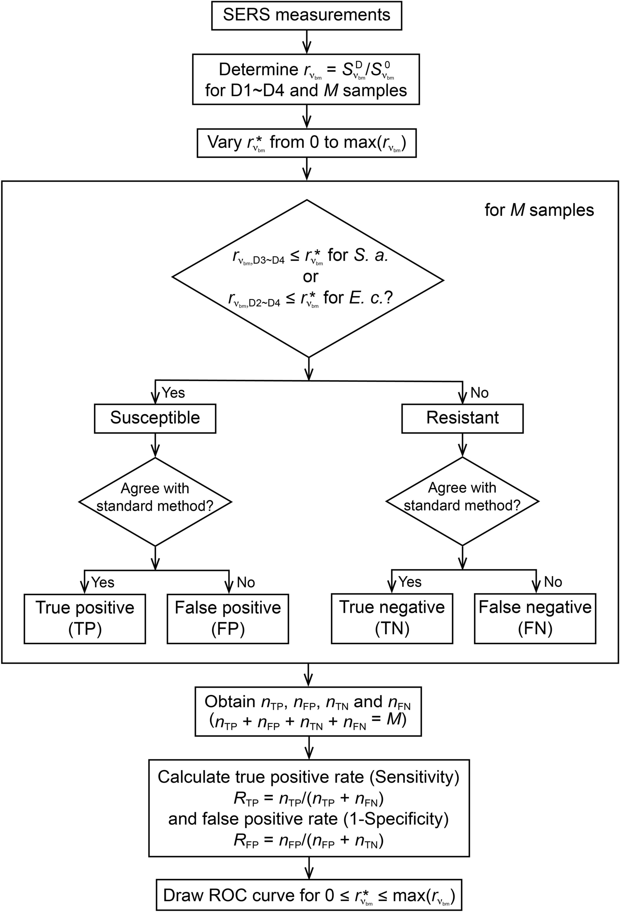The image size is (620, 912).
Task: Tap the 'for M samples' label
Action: tap(539, 210)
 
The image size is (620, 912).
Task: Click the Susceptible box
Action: tap(155, 418)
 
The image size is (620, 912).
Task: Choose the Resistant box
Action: tap(462, 418)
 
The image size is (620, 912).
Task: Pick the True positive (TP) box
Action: tap(85, 618)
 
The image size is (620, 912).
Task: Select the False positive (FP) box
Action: tap(228, 618)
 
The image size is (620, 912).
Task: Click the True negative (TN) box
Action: tap(392, 618)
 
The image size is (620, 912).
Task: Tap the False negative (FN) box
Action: tap(535, 618)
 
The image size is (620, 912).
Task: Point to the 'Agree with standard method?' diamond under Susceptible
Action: tap(155, 501)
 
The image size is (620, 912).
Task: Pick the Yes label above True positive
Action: tap(103, 582)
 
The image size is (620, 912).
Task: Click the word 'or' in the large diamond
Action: tap(310, 277)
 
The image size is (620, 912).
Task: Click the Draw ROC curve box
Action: tap(309, 895)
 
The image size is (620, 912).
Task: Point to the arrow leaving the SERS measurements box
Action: tap(307, 41)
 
